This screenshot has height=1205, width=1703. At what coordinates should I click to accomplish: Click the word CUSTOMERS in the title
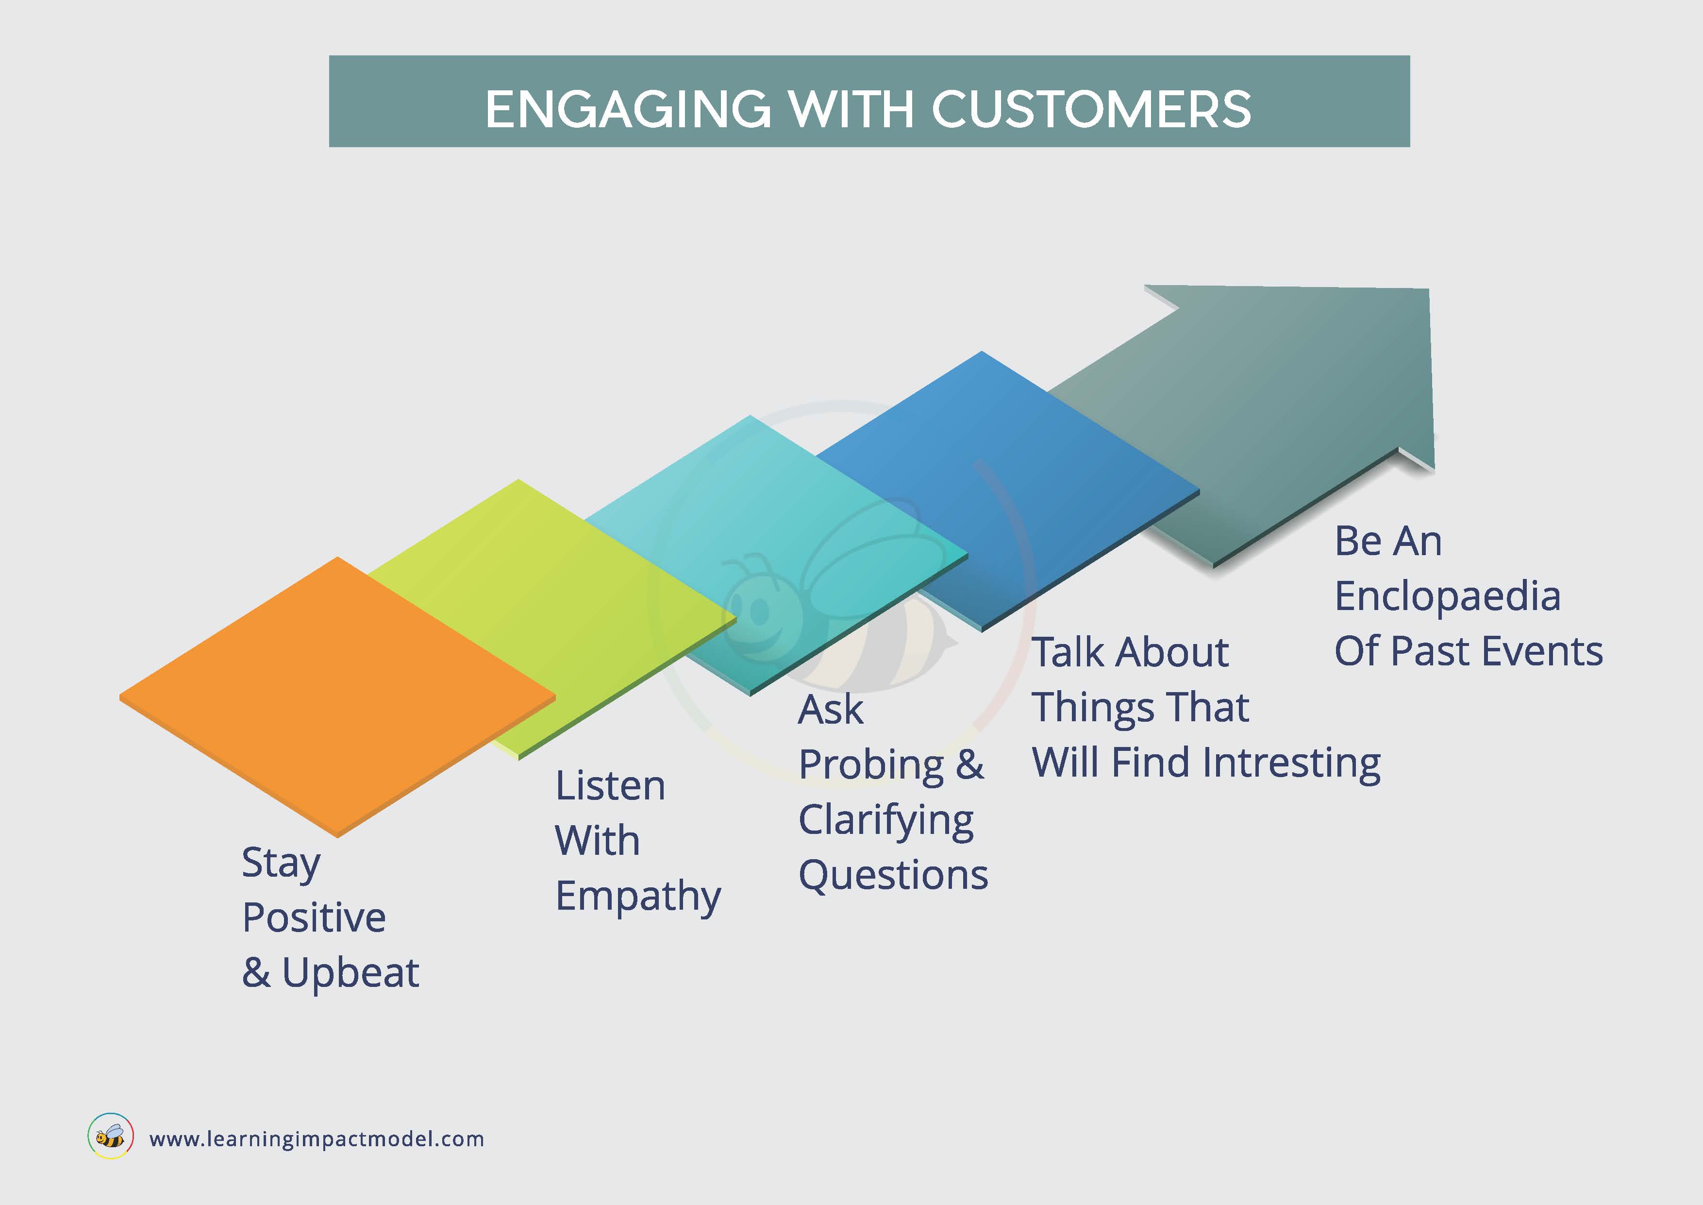1091,109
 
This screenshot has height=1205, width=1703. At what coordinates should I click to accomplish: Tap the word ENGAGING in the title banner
628,109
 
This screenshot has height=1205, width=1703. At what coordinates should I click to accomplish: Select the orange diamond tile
337,697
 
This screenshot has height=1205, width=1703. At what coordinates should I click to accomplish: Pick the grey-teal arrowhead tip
1429,289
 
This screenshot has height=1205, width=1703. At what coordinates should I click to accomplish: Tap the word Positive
314,918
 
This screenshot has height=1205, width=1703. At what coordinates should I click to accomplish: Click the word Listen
610,786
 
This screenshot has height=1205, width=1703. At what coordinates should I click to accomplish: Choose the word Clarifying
886,821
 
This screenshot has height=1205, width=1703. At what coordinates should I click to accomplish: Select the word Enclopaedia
1447,596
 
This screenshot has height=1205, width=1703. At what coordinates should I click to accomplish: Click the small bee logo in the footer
111,1137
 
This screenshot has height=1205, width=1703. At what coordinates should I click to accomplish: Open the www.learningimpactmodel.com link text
317,1139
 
